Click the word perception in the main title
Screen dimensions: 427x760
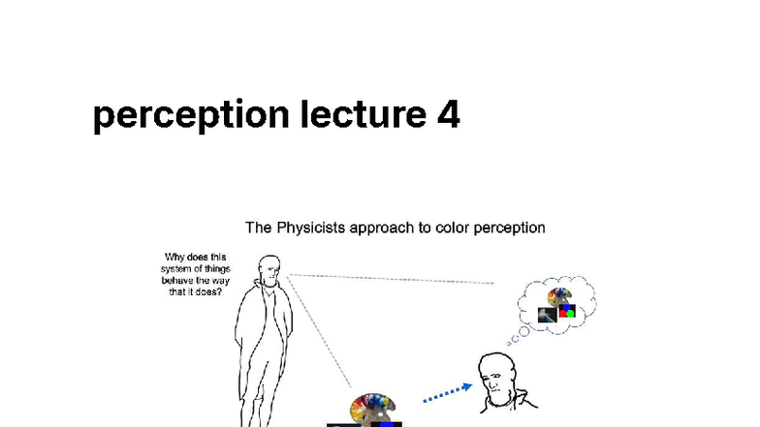pos(190,115)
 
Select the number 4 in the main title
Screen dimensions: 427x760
pos(447,114)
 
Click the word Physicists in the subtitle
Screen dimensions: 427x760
pos(313,229)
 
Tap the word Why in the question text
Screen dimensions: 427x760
pos(175,259)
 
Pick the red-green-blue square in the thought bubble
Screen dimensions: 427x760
pos(566,313)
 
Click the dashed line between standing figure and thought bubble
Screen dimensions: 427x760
pos(388,279)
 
